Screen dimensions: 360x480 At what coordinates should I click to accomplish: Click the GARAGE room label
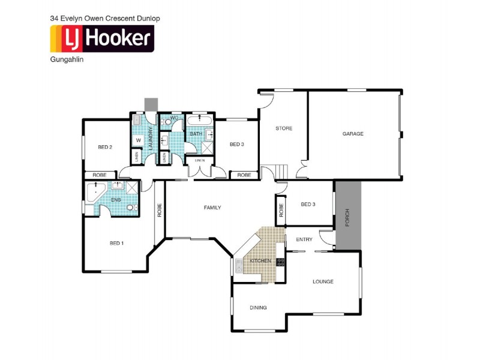(353, 133)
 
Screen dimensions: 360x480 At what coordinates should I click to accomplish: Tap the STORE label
(284, 128)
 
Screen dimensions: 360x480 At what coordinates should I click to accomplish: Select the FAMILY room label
(212, 208)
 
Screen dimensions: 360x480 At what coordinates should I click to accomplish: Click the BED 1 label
(116, 243)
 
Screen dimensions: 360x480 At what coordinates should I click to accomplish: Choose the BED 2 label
(105, 146)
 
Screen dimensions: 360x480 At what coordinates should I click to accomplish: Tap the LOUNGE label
(323, 281)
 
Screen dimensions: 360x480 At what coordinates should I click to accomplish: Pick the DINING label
(259, 308)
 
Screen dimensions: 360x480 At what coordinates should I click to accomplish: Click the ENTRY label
(304, 239)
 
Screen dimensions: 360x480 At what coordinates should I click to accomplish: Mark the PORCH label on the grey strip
(347, 218)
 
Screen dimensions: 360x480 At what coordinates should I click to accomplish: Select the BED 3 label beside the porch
(308, 204)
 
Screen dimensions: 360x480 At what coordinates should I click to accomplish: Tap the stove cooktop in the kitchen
(280, 261)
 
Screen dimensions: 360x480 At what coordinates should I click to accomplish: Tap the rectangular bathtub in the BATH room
(199, 121)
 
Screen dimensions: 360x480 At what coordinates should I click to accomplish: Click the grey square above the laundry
(150, 104)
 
